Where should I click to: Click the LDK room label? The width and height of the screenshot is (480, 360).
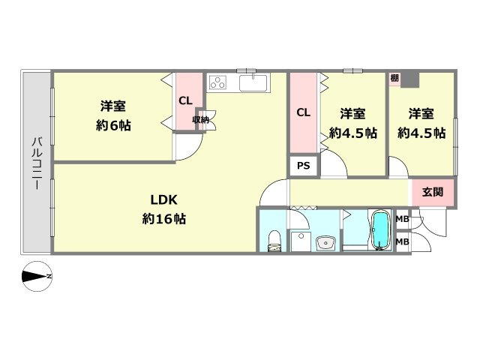163,200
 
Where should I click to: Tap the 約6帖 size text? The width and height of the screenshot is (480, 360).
113,125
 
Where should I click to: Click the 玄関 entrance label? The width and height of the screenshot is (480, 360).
433,192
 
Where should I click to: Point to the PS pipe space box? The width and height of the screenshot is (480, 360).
303,166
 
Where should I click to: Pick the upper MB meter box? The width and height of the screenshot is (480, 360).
403,219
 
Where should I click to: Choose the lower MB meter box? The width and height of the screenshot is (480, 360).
403,241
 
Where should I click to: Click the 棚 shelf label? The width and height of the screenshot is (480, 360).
394,78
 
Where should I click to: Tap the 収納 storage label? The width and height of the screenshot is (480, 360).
200,120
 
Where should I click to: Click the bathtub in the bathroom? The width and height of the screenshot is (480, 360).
380,230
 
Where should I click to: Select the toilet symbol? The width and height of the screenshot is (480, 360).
274,241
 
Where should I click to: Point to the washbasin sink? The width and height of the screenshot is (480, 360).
326,243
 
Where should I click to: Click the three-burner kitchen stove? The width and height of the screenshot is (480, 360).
217,82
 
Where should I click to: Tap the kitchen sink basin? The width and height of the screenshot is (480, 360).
253,83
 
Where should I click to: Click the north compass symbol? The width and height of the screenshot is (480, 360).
37,277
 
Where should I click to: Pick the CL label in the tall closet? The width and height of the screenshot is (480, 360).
303,112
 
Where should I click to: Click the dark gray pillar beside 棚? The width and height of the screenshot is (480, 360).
410,79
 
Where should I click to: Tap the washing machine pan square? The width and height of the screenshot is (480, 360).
301,241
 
